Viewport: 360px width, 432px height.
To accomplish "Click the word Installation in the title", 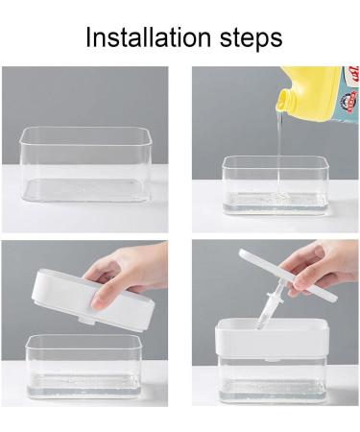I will click(x=143, y=38).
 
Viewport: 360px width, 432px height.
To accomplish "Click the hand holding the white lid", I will click(x=134, y=274).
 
